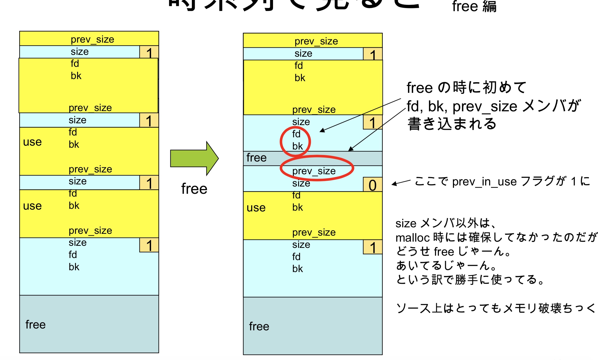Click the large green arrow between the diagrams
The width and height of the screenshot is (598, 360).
coord(194,158)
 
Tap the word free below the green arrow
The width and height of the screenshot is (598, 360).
coord(194,189)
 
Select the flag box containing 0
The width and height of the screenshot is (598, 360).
coord(373,185)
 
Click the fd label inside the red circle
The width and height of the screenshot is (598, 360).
coord(296,134)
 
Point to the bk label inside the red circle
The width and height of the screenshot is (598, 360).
coord(297,146)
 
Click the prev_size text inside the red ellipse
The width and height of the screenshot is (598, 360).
coord(314,171)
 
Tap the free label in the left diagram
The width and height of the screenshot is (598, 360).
coord(35,325)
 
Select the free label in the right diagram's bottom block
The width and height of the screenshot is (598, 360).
coord(259,326)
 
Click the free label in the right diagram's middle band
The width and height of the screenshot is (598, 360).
coord(256,158)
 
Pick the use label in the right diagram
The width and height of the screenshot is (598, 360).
coord(256,208)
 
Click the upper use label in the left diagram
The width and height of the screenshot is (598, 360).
coord(32,142)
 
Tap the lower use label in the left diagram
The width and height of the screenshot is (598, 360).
coord(32,206)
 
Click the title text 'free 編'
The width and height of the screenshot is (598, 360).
coord(474,6)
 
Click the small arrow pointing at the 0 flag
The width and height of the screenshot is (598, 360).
coord(401,182)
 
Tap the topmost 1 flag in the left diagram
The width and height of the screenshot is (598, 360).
coord(149,53)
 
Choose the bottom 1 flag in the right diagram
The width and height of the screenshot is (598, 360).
coord(373,247)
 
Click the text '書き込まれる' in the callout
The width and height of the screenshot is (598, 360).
coord(452,124)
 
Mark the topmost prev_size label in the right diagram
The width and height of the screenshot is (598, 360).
coord(316,41)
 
